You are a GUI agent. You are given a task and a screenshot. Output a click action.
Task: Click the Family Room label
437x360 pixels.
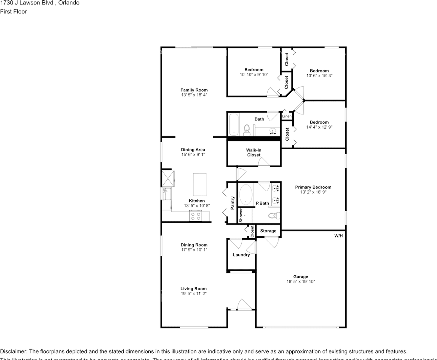[194, 90]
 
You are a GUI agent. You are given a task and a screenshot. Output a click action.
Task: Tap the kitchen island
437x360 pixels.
[201, 184]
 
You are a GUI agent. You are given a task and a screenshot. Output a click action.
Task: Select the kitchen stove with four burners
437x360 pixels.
[196, 216]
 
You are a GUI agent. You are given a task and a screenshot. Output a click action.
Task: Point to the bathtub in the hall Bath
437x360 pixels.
[234, 124]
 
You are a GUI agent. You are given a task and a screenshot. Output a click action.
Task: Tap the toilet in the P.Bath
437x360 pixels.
[274, 216]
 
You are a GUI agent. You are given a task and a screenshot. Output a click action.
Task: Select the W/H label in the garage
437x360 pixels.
[338, 236]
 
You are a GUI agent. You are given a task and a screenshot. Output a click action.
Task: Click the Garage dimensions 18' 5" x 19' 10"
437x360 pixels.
[301, 282]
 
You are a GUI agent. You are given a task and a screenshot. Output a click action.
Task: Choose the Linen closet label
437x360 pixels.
[287, 116]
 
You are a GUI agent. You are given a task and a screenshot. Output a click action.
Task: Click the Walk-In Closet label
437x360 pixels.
[254, 152]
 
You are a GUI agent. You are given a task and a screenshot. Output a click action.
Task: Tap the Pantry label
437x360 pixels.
[232, 203]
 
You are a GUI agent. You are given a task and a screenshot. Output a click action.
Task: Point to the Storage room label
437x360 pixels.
[268, 231]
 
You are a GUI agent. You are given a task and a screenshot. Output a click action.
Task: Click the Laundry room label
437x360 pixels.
[241, 255]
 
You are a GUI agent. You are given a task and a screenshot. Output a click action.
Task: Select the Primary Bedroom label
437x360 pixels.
[313, 187]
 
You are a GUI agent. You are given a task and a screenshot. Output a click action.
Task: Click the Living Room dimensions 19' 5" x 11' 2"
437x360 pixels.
[193, 294]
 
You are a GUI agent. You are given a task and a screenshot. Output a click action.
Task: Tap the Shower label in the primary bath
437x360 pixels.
[241, 216]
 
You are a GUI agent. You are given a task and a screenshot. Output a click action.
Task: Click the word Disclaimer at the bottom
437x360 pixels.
[13, 351]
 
